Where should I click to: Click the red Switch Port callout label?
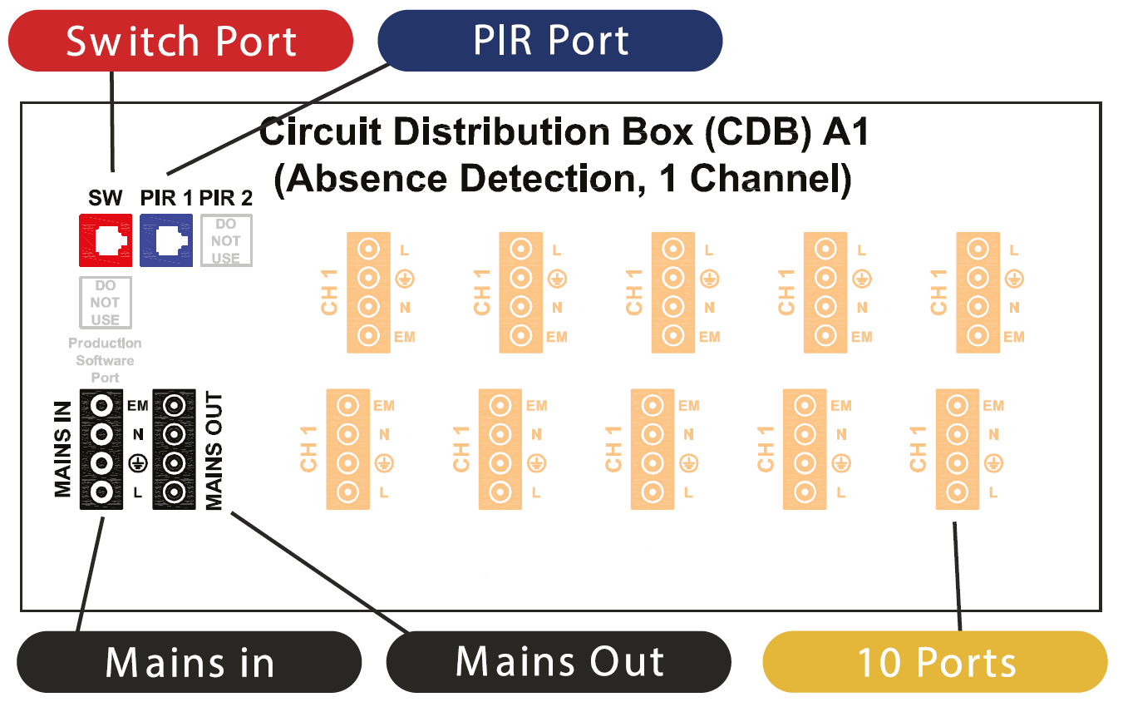coord(180,41)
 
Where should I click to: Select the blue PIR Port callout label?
coord(550,41)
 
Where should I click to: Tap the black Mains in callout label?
coord(190,662)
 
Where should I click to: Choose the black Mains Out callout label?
coord(559,662)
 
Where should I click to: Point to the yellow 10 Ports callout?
coord(936,662)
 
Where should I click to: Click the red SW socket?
coord(106,240)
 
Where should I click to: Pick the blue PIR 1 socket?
coord(166,240)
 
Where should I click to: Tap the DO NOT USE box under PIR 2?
coord(226,240)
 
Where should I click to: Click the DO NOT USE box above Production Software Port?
coord(106,302)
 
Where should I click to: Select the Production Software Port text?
coord(105,360)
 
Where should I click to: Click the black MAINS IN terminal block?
coord(101,449)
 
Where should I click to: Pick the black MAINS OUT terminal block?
coord(174,449)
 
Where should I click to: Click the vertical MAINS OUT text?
coord(214,450)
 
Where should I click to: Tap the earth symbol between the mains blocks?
coord(138,463)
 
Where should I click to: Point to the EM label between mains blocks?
coord(138,406)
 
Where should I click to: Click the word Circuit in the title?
coord(319,132)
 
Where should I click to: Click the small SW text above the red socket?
coord(106,198)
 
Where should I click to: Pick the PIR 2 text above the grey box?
coord(226,198)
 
